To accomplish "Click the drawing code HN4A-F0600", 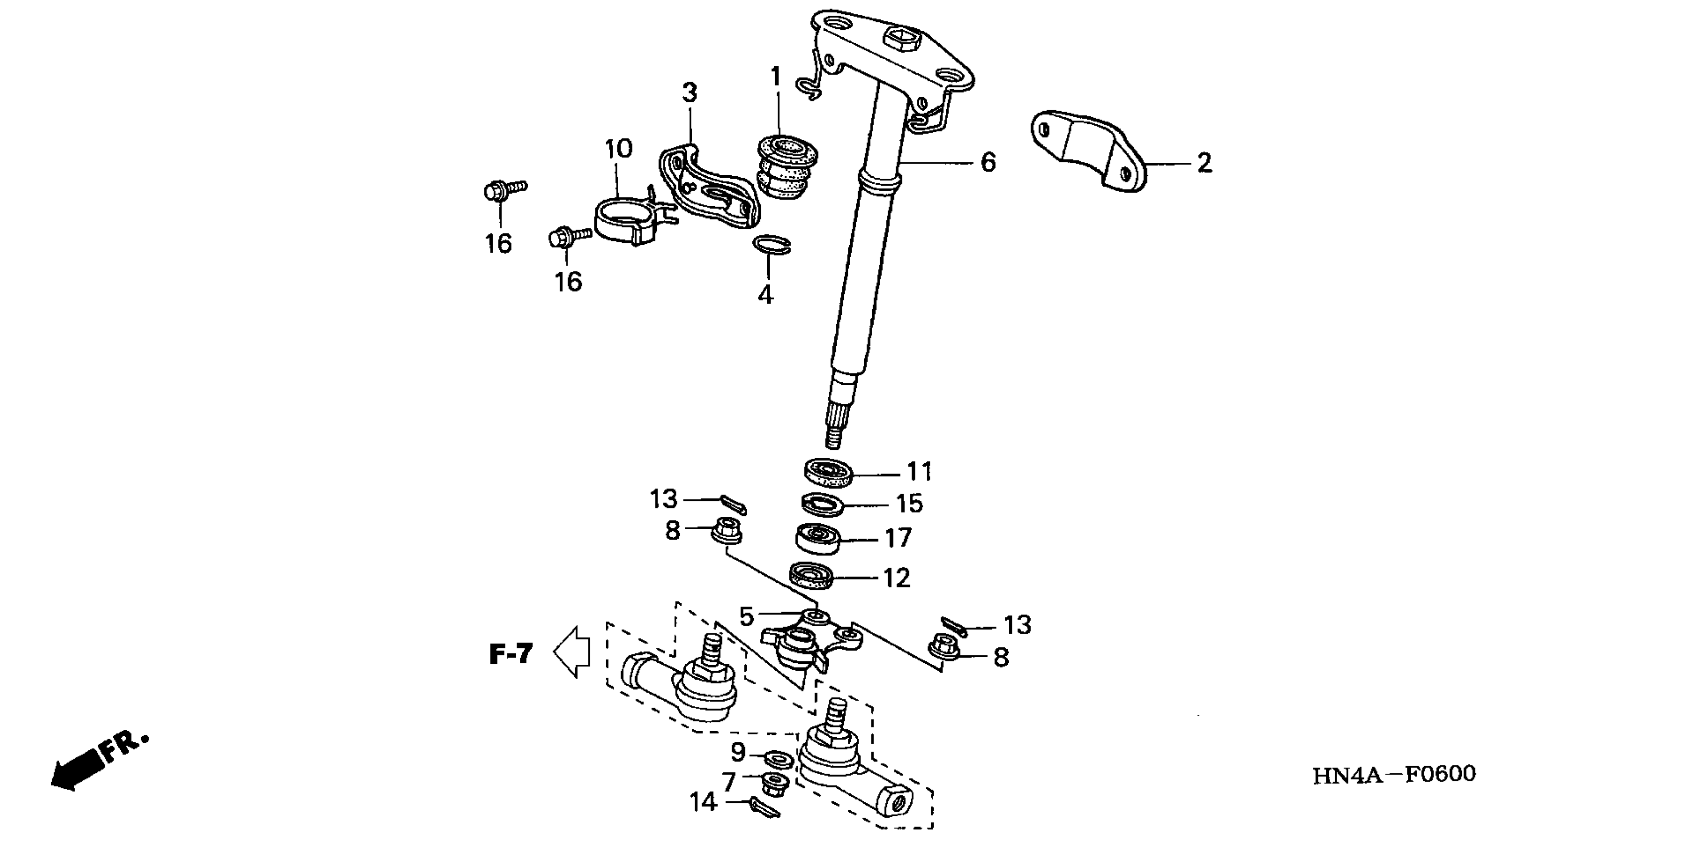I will coord(1394,774).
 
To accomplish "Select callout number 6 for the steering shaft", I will coord(988,162).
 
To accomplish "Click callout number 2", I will coord(1204,163).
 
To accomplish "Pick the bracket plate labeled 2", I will coord(1088,151).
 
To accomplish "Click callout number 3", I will coord(689,93).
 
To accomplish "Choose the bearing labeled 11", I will coord(828,472).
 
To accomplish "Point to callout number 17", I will coord(898,538).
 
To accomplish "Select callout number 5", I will coord(746,617).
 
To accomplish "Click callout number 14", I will coord(703,802).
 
